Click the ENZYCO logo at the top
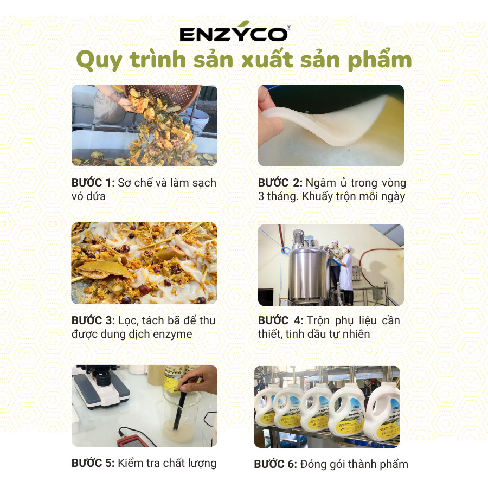(234, 35)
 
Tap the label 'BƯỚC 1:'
(93, 183)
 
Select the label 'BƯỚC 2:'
(280, 183)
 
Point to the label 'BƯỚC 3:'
(93, 320)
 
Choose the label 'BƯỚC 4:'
(280, 320)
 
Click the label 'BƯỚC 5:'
(93, 463)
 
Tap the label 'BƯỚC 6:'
(275, 464)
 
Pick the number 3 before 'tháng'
(261, 196)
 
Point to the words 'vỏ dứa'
(89, 196)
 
